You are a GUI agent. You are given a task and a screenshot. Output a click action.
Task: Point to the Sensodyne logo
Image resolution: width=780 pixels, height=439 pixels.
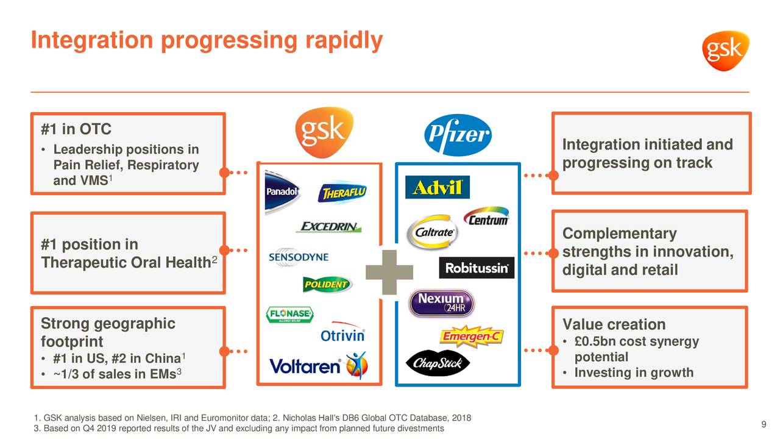point(299,257)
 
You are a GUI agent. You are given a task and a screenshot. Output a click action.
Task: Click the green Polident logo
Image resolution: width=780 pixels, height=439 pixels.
point(327,285)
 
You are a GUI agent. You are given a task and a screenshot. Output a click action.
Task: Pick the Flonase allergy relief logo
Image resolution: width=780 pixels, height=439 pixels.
point(289,315)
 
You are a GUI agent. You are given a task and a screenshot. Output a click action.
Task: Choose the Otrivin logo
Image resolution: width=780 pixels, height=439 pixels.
point(342,335)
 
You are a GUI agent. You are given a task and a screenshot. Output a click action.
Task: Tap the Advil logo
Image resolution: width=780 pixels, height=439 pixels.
point(437,188)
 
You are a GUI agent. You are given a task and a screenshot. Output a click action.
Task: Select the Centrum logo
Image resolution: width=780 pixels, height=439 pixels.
point(486,218)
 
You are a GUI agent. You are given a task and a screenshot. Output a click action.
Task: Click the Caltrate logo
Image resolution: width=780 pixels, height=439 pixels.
point(434,232)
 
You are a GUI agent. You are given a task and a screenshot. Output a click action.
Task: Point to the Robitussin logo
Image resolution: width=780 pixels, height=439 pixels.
point(477,268)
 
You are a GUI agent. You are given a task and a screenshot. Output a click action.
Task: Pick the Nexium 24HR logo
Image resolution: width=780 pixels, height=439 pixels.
point(441,302)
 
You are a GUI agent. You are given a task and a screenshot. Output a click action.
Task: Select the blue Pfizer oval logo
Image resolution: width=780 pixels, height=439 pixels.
point(457,135)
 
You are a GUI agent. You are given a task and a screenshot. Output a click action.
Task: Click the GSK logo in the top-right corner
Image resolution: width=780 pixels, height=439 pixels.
point(725,51)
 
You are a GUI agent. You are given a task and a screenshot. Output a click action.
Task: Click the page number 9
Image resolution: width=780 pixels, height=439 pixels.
point(764,424)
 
